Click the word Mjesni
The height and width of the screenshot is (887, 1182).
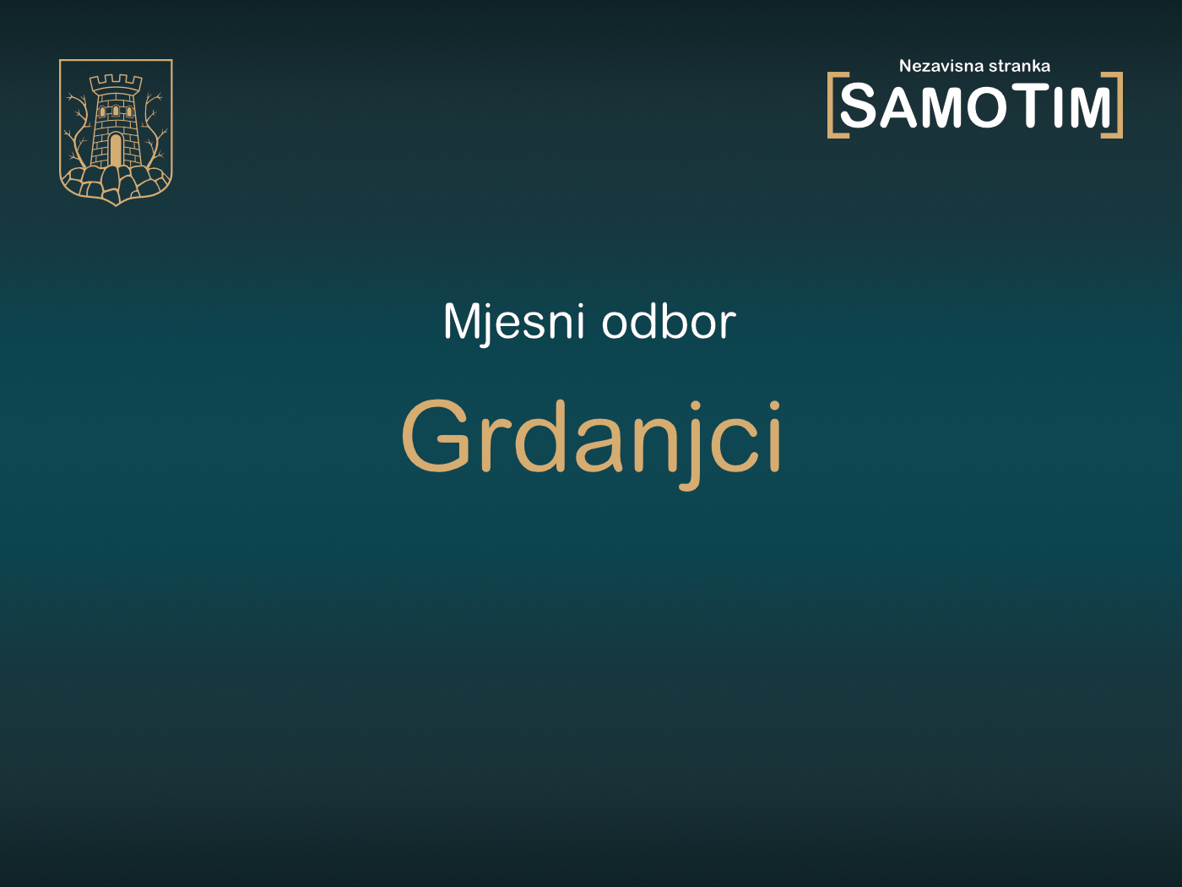tap(513, 322)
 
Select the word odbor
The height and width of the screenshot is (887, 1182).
tap(668, 322)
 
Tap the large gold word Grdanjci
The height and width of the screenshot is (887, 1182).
tap(591, 438)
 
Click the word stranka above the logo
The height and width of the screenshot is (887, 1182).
tap(1019, 66)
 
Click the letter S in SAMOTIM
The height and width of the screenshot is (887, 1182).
tap(859, 107)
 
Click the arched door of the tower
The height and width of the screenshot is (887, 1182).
tap(116, 150)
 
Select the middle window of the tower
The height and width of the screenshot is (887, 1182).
tap(116, 111)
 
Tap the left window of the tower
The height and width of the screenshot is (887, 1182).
tap(104, 112)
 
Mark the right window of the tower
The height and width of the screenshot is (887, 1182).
tap(127, 112)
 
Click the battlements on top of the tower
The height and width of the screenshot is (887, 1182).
tap(116, 82)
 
